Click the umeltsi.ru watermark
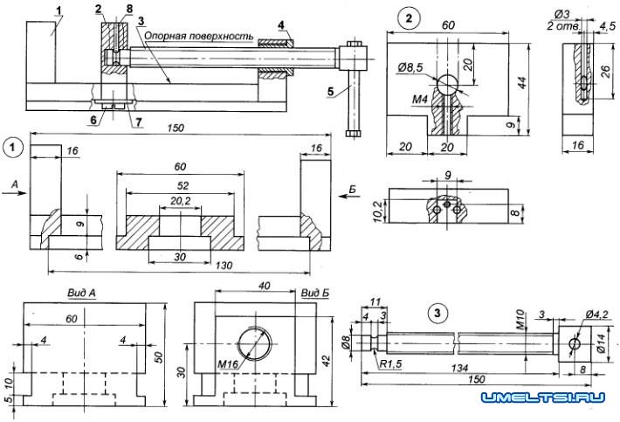pos(542,398)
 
